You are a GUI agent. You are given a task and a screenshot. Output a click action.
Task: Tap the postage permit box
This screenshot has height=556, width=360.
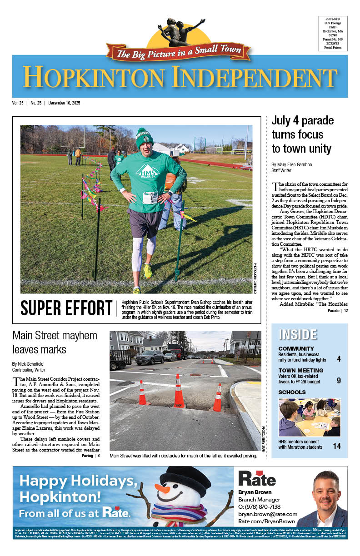coord(333,33)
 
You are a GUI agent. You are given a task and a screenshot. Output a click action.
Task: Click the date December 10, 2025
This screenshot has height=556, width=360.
coord(65,103)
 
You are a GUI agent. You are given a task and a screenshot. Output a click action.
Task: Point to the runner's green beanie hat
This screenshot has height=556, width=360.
coord(145,138)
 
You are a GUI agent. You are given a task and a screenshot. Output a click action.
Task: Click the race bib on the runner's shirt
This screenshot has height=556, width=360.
coord(150,198)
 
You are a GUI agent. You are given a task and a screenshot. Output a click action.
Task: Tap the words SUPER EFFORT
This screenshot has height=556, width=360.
coord(66,308)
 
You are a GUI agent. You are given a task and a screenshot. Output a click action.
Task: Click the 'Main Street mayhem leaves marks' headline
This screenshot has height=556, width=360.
coord(55,343)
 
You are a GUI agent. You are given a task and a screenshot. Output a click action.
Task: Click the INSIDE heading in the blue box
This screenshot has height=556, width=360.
coord(298,334)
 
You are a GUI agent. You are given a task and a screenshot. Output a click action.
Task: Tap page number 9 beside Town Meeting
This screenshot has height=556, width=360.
coord(339,381)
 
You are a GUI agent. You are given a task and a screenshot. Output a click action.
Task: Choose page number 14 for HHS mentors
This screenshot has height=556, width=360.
coord(337,446)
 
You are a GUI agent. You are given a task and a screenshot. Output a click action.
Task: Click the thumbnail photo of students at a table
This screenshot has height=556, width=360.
coord(309,417)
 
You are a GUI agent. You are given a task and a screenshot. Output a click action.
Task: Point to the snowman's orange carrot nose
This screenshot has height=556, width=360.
coord(162,489)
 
